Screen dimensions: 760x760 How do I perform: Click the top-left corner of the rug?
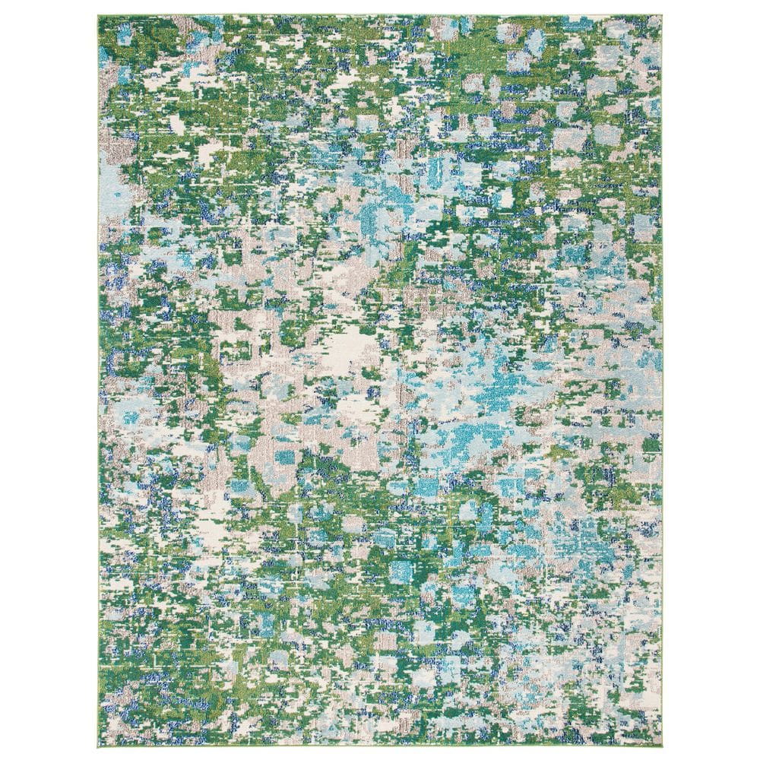tap(99, 14)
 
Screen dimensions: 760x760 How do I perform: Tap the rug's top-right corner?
tap(661, 14)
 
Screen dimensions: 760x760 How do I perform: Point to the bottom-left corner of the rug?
tap(99, 746)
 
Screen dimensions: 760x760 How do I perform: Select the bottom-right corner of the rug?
tap(661, 746)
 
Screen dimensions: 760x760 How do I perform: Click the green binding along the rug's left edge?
tap(99, 380)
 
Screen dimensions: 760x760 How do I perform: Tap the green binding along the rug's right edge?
tap(661, 380)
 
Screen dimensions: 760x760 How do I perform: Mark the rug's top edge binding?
tap(380, 14)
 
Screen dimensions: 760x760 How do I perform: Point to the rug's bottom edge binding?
tap(380, 746)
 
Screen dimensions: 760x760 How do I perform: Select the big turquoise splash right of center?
tap(486, 380)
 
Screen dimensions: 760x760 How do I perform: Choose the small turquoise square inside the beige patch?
tap(285, 458)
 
